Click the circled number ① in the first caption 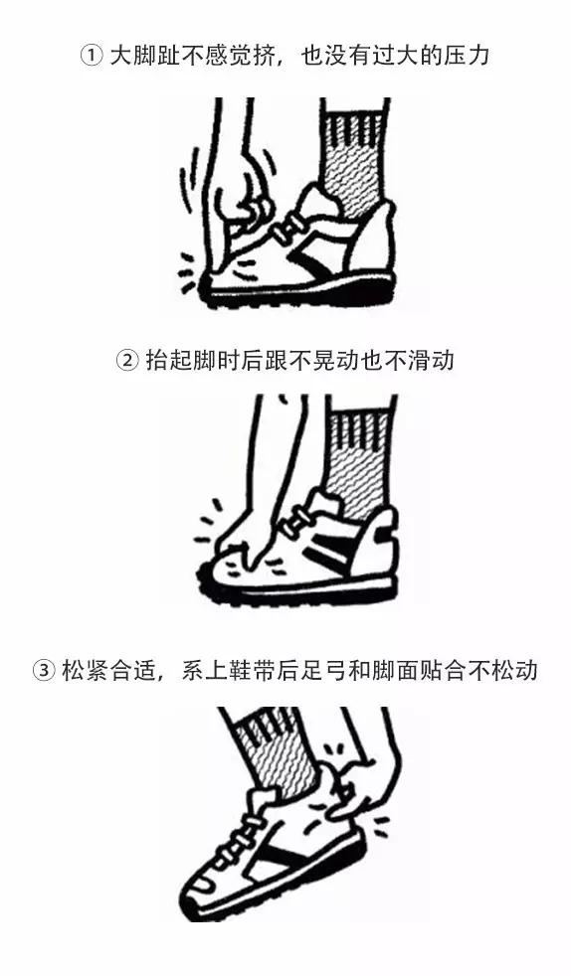(91, 56)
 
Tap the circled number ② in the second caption (127, 361)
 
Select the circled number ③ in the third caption (44, 671)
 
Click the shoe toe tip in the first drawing (206, 287)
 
